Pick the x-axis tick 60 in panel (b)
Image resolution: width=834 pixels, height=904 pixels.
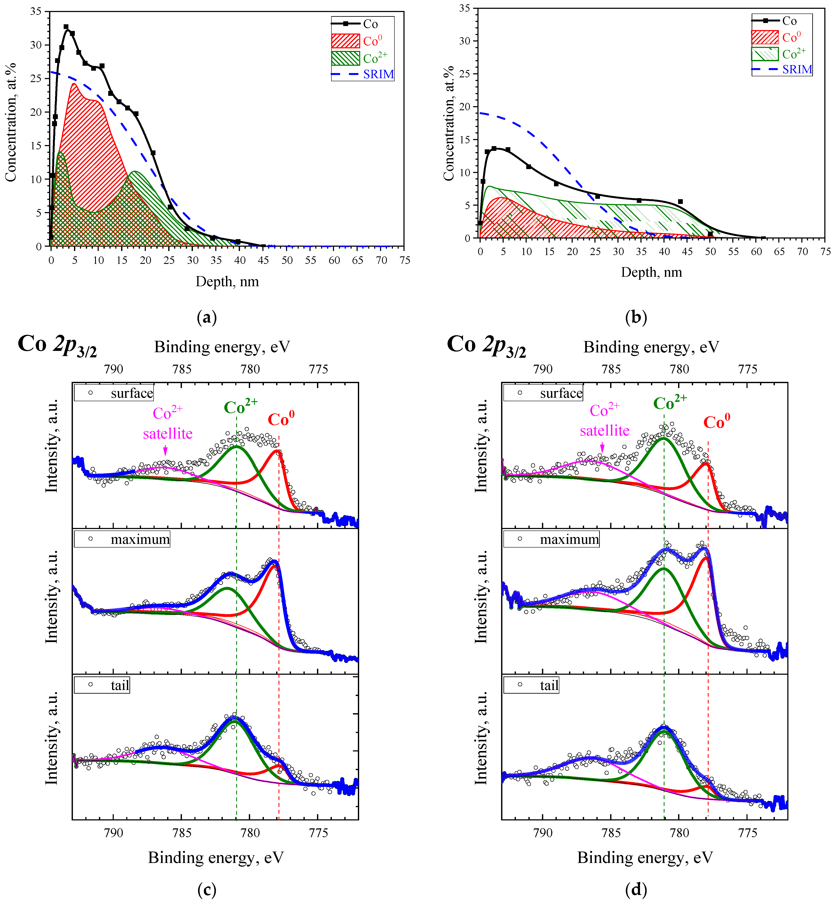point(756,252)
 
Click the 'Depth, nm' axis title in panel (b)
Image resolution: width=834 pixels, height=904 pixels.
point(651,272)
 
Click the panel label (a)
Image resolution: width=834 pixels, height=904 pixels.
point(207,317)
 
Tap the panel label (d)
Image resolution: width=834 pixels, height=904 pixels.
point(636,889)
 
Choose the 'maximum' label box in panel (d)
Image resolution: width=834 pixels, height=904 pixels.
point(551,539)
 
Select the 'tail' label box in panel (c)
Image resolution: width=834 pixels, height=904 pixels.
point(102,685)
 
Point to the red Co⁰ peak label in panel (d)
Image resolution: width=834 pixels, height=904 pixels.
point(717,422)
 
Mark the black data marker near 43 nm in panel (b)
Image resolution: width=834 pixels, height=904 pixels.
point(680,202)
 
